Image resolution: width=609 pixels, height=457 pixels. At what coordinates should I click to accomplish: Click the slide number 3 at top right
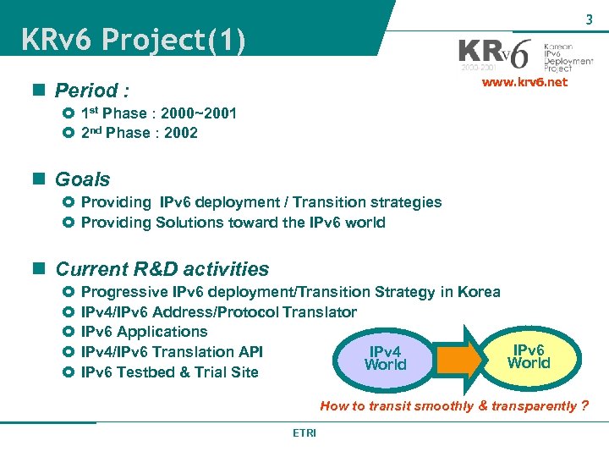pos(588,19)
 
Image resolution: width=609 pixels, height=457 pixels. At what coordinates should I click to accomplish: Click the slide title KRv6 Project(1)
pos(133,40)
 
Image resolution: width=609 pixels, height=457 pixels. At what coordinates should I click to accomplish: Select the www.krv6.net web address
pos(524,83)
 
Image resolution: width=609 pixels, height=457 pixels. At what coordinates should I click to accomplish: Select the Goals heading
pos(82,179)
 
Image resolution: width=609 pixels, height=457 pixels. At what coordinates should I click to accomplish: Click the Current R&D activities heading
pos(162,269)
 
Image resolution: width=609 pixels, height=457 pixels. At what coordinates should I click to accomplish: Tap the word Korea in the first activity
pos(479,292)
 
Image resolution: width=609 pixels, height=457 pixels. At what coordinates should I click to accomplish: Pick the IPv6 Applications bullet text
pos(144,332)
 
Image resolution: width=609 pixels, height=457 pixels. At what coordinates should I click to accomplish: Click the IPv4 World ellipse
pos(385,358)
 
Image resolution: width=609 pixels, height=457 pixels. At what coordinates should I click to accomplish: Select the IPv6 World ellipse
pos(529,356)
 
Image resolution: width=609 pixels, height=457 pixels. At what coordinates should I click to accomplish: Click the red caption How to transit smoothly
pos(454,405)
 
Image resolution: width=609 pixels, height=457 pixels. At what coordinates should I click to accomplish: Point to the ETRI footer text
pos(304,432)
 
